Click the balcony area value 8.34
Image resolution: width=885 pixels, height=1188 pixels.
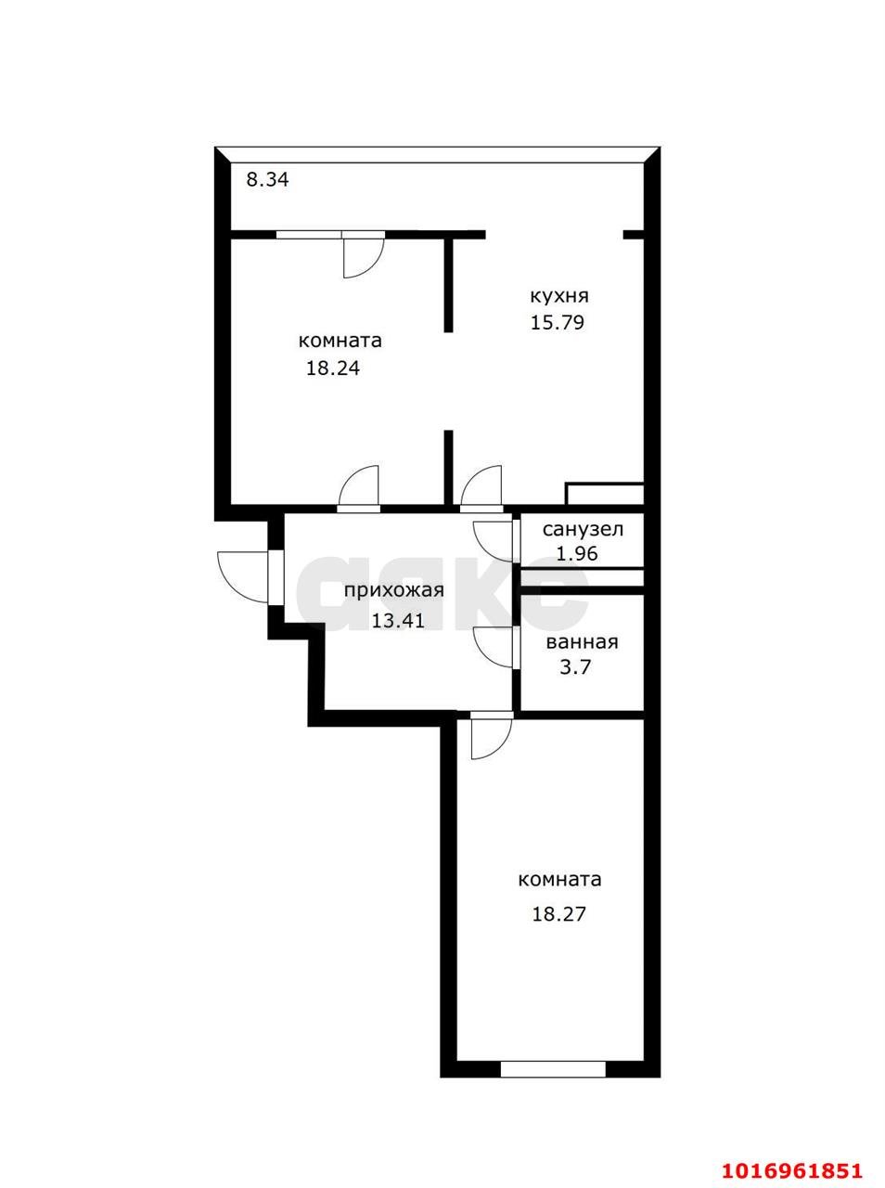[x=267, y=179]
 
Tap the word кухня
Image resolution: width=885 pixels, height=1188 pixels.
[x=558, y=296]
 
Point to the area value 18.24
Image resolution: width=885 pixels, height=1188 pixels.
[x=332, y=368]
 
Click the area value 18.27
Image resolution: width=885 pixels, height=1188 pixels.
[x=558, y=913]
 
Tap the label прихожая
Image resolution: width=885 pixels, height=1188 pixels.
[x=393, y=590]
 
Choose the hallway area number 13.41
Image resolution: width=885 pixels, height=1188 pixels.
[x=398, y=620]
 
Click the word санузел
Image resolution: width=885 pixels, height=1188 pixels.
[x=583, y=530]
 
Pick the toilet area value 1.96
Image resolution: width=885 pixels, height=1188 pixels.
[x=576, y=553]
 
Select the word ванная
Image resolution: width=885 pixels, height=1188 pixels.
[x=582, y=642]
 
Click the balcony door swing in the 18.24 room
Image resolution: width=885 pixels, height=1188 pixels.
[x=360, y=256]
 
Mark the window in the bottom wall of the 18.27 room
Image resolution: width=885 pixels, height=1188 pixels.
[x=553, y=1068]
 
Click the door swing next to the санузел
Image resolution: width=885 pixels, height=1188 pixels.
[x=494, y=541]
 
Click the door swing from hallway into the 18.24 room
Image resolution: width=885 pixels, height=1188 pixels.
[x=360, y=486]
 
